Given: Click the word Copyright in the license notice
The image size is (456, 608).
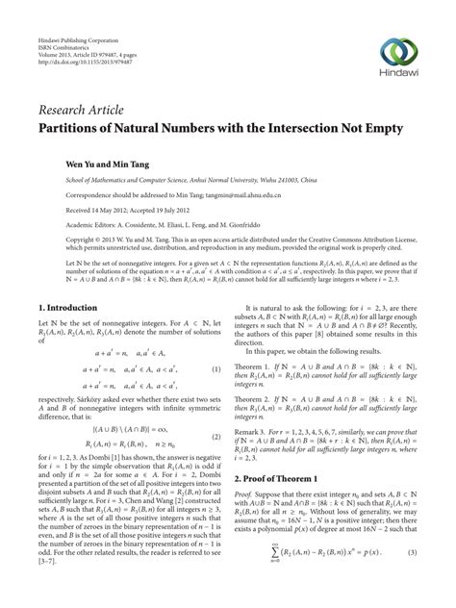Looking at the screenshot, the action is (x=56, y=242).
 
